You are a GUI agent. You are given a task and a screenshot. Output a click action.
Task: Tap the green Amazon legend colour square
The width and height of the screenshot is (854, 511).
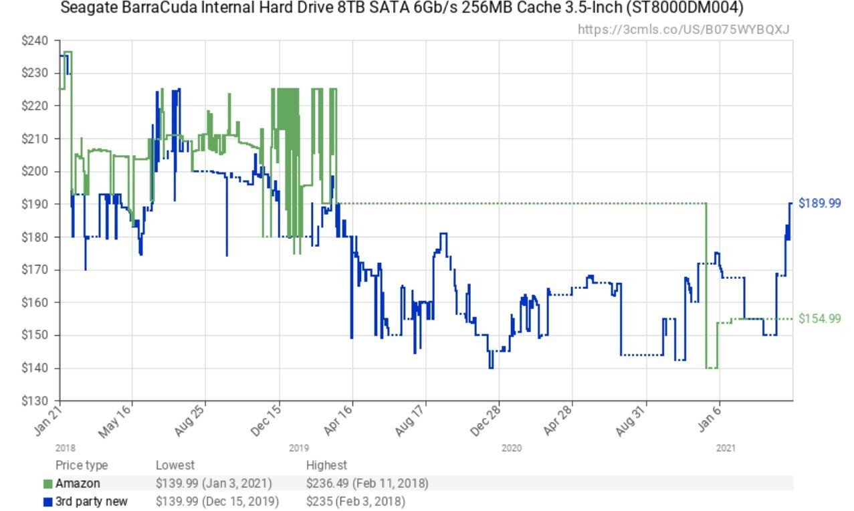pyautogui.click(x=47, y=484)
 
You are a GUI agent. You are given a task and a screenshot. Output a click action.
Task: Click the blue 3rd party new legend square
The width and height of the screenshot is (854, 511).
pyautogui.click(x=47, y=502)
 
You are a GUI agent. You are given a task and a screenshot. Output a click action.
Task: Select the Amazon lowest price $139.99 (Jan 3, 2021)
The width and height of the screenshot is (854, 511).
pyautogui.click(x=217, y=483)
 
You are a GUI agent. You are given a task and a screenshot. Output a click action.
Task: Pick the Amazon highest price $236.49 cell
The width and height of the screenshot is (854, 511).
pyautogui.click(x=367, y=483)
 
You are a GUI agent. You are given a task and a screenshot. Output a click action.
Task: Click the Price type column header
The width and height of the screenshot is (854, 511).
pyautogui.click(x=82, y=465)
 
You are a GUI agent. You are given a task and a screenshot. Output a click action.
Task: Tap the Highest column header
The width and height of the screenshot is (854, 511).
pyautogui.click(x=326, y=465)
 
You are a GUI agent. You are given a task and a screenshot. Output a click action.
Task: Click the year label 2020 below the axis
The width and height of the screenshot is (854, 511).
pyautogui.click(x=511, y=448)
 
